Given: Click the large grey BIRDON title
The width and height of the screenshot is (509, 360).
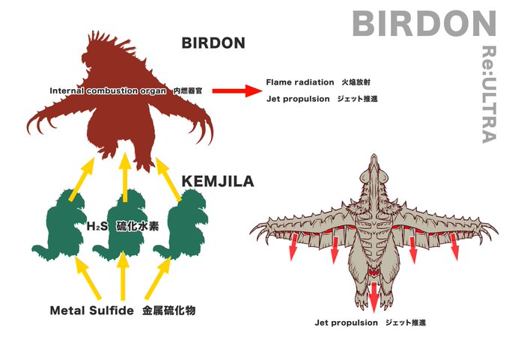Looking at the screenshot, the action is click(424, 24).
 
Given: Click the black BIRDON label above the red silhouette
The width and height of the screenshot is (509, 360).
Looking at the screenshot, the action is click(213, 43).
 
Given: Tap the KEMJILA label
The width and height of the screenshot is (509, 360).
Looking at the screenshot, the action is click(218, 181).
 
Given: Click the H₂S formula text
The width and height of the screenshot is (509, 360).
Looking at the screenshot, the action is click(95, 226).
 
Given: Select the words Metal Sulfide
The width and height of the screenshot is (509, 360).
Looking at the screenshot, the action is click(91, 309).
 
